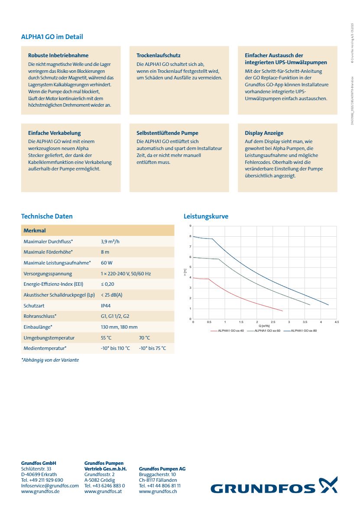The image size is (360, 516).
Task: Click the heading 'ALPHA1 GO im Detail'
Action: pos(52,37)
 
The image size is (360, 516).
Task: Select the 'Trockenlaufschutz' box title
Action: pos(158,56)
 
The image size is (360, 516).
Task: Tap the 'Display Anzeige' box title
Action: pos(264,133)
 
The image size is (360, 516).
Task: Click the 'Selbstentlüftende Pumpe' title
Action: pos(167,133)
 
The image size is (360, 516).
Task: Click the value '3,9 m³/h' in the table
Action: pos(110,241)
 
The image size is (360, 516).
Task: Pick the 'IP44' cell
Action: pos(106,306)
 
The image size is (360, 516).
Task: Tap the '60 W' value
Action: pos(107,263)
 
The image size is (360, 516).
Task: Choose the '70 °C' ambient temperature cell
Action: pos(144,338)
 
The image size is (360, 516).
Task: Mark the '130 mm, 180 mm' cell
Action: pos(119,327)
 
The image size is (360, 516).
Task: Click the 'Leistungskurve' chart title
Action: pos(206,216)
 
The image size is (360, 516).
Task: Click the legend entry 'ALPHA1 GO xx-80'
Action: pos(304,331)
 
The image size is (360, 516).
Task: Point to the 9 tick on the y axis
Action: pos(190,226)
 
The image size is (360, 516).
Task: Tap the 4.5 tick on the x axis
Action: pos(337,322)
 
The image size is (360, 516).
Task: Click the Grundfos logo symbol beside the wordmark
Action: pos(328,485)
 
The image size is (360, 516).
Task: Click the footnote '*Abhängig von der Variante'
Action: pos(50,360)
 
